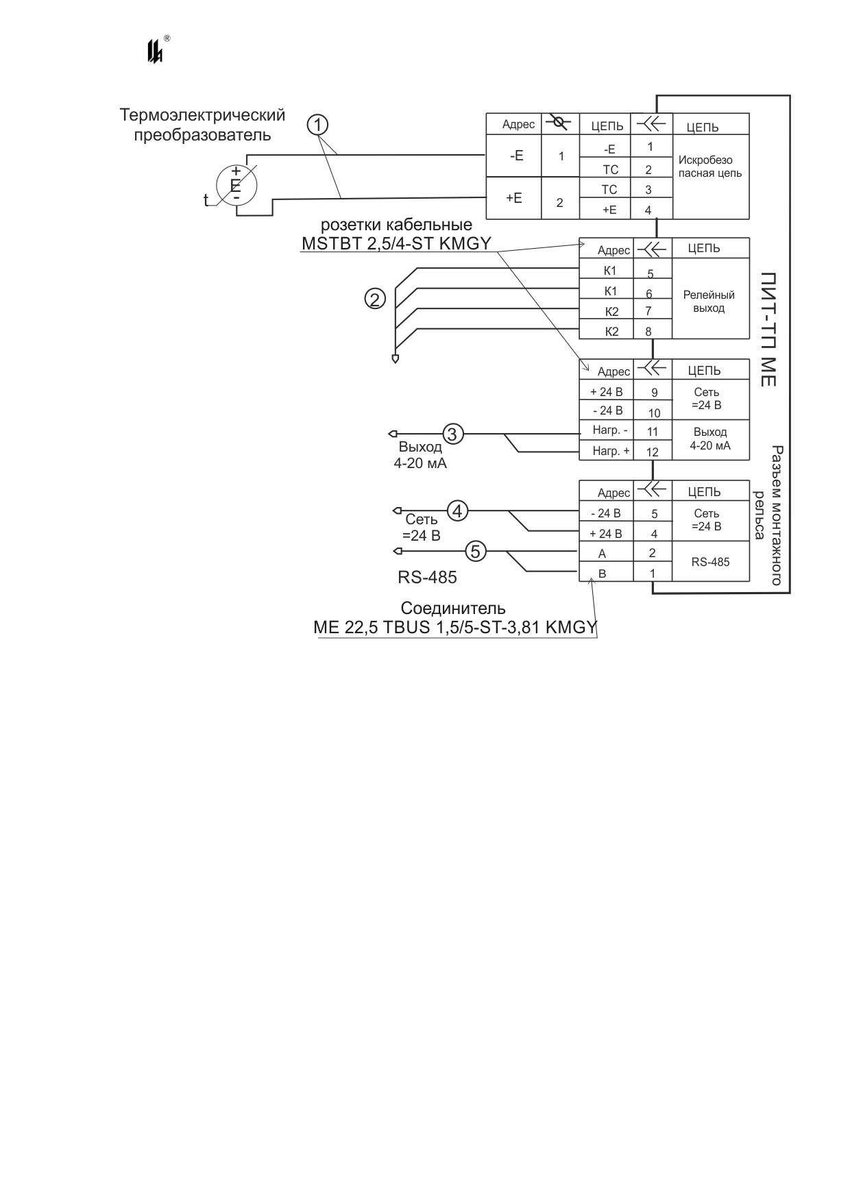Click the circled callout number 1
(x=318, y=125)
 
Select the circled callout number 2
(x=375, y=299)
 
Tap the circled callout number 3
(x=453, y=434)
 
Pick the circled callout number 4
(x=458, y=511)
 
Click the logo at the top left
(x=156, y=50)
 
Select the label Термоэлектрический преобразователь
(x=203, y=125)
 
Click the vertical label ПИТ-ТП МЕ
(x=768, y=329)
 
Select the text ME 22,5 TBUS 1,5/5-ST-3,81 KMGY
(x=455, y=628)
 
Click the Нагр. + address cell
(x=607, y=450)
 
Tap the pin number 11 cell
(x=653, y=432)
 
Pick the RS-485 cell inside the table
(x=711, y=561)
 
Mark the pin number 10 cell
(x=653, y=413)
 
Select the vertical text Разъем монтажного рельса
(x=768, y=516)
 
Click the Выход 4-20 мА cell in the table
(x=711, y=439)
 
